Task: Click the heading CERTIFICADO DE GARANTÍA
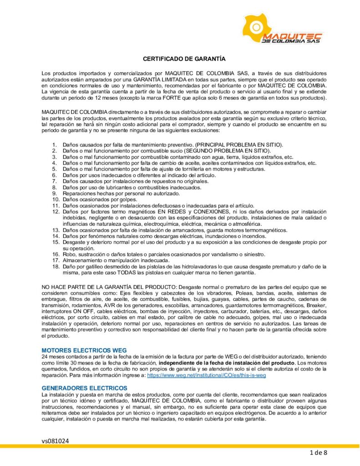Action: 184,59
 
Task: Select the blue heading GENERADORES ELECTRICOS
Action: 84,387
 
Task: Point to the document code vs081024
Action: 55,441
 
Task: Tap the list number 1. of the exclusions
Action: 55,144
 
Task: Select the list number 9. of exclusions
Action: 55,193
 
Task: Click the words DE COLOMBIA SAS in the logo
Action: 292,41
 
